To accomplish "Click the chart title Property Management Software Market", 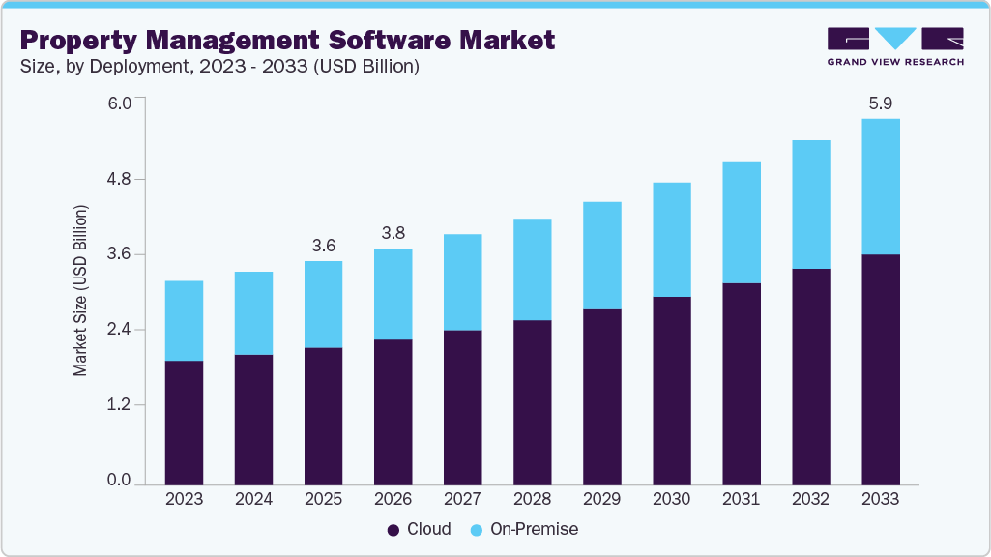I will (x=287, y=40).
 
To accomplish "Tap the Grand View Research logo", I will (x=895, y=46).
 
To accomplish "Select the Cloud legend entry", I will (x=420, y=529).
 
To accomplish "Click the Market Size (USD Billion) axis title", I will (x=81, y=290).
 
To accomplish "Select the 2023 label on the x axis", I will (x=184, y=499).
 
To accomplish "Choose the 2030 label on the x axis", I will (x=671, y=499).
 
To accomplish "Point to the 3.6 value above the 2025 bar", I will (x=323, y=245).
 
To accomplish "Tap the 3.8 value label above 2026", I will (x=393, y=232).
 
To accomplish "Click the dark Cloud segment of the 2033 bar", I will (x=880, y=367).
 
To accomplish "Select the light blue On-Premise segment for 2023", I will (x=184, y=320).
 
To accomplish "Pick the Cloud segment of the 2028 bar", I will (x=532, y=401).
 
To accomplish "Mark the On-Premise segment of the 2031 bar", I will (x=741, y=222).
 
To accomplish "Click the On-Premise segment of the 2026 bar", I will (x=393, y=294).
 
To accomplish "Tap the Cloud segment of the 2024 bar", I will (x=253, y=419).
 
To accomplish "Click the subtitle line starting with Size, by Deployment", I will (x=219, y=67).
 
